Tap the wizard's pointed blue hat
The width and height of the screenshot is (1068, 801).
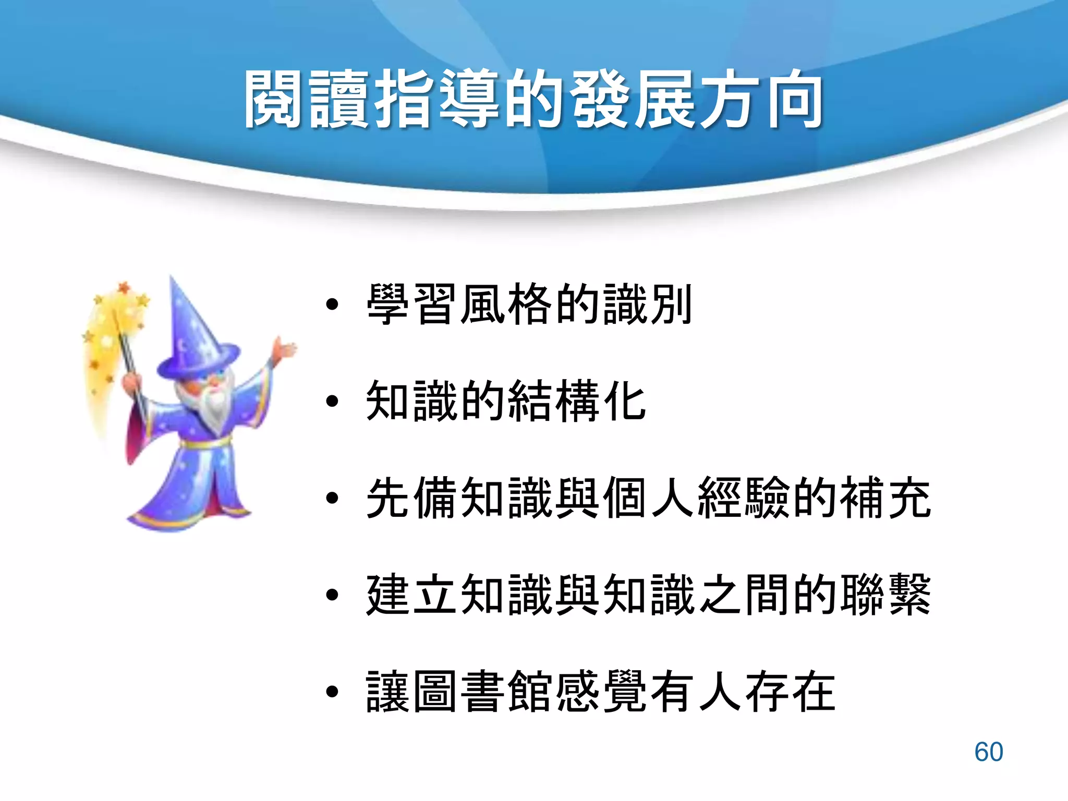tap(193, 334)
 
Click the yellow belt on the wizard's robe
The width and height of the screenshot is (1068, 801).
tap(206, 444)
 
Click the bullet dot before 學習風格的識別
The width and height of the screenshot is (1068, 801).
tap(332, 305)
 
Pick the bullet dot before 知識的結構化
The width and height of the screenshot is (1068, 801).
tap(332, 401)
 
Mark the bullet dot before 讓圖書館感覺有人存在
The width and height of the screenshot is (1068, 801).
tap(332, 692)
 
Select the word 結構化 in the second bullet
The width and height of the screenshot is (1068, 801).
tap(576, 401)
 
